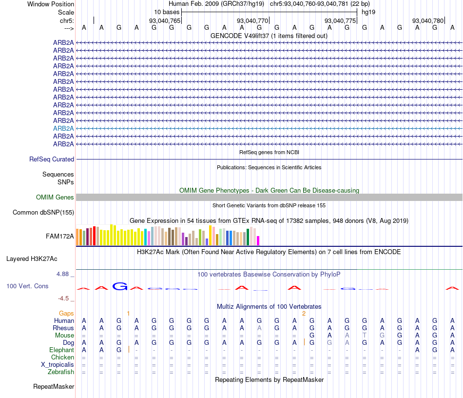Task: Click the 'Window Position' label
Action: point(51,4)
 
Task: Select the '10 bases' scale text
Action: point(167,12)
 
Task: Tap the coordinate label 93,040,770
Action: point(252,20)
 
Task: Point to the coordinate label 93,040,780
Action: point(428,20)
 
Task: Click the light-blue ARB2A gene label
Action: point(63,128)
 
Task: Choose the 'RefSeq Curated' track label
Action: point(52,159)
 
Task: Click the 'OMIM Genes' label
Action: point(55,198)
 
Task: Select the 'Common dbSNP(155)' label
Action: point(43,212)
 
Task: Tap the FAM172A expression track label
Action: point(60,237)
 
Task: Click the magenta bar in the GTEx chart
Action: point(258,240)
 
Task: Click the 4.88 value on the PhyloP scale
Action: point(63,274)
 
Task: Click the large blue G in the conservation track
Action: point(119,286)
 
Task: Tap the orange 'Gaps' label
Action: point(67,313)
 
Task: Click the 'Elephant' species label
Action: point(61,350)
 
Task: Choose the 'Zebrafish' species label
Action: point(61,372)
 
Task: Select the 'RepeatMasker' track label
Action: point(54,387)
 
